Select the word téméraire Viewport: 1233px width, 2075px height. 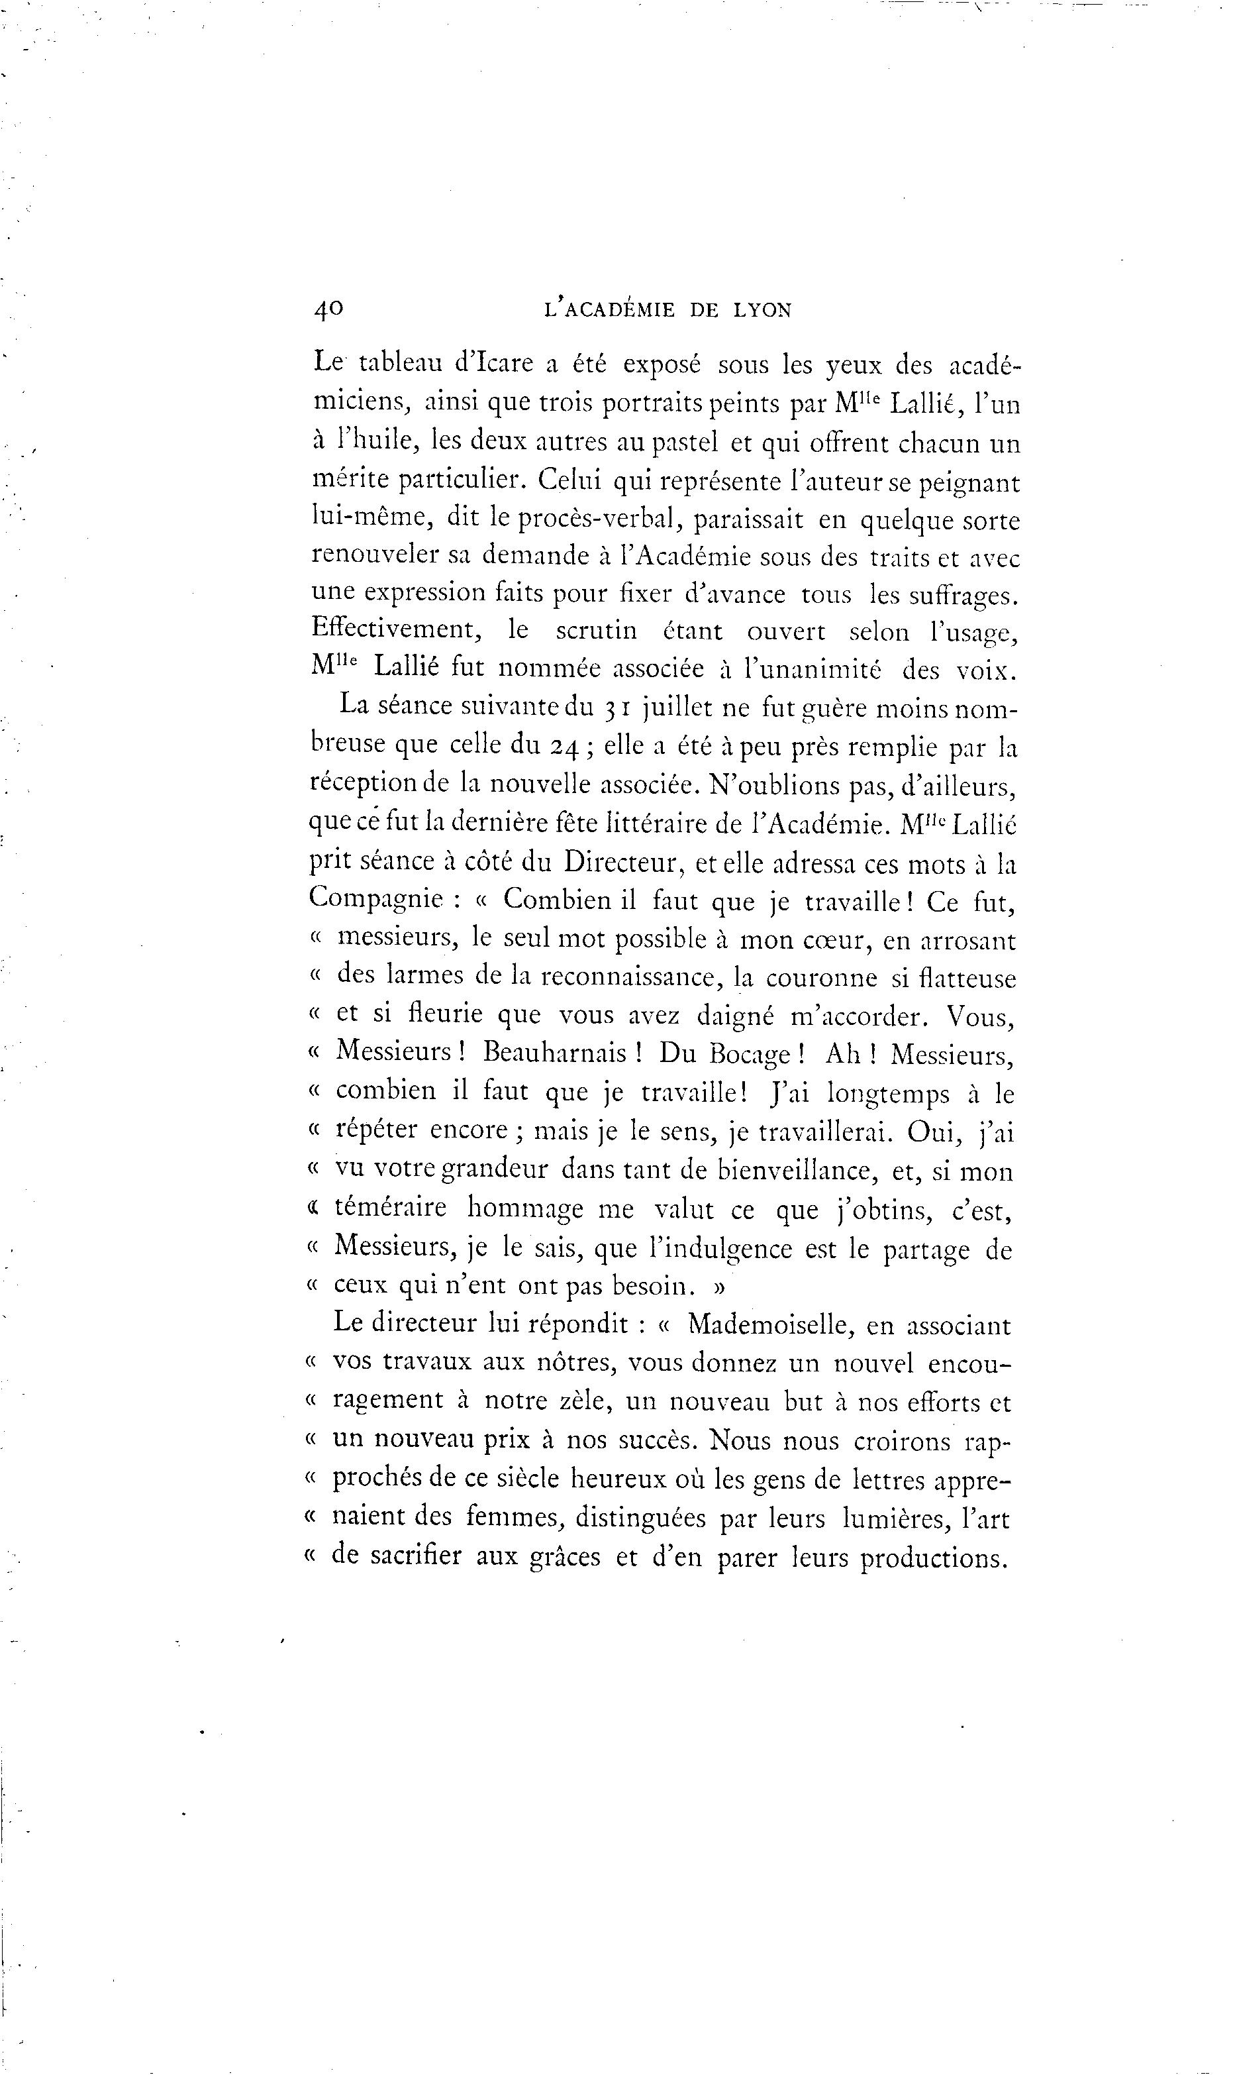[389, 1208]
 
